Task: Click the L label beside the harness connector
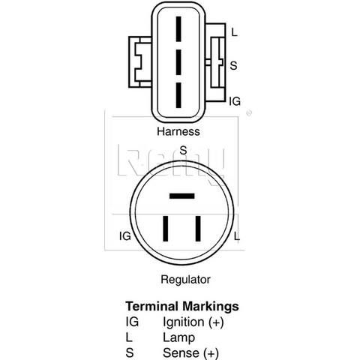pyautogui.click(x=234, y=32)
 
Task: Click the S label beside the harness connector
pyautogui.click(x=233, y=65)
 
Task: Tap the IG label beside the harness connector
pyautogui.click(x=235, y=101)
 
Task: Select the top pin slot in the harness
pyautogui.click(x=178, y=29)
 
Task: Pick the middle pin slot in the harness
pyautogui.click(x=178, y=62)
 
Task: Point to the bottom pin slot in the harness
pyautogui.click(x=178, y=95)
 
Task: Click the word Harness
pyautogui.click(x=178, y=131)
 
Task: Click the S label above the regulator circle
pyautogui.click(x=183, y=150)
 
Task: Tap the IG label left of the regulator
pyautogui.click(x=125, y=236)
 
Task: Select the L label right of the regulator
pyautogui.click(x=237, y=236)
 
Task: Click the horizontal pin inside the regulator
pyautogui.click(x=181, y=196)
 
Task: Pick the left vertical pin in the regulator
pyautogui.click(x=165, y=229)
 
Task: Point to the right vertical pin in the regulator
pyautogui.click(x=198, y=229)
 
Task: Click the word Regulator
pyautogui.click(x=185, y=280)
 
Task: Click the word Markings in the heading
pyautogui.click(x=211, y=307)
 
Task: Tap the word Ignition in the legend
pyautogui.click(x=184, y=322)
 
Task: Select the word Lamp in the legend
pyautogui.click(x=179, y=338)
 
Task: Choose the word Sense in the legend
pyautogui.click(x=182, y=353)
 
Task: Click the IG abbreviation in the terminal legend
pyautogui.click(x=132, y=322)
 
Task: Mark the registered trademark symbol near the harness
pyautogui.click(x=249, y=113)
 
